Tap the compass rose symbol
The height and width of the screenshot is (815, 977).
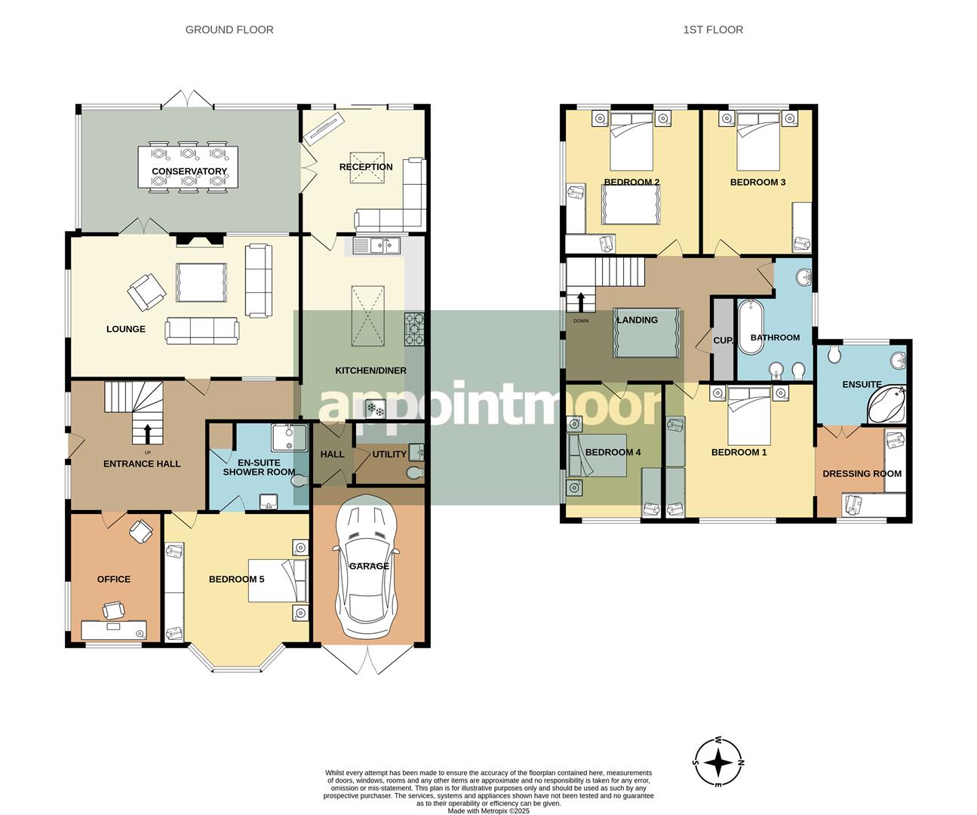pos(718,762)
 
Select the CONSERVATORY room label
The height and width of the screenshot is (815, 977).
pos(189,171)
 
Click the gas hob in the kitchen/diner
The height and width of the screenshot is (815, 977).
pos(414,329)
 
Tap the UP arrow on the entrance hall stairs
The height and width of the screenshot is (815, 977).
pos(147,434)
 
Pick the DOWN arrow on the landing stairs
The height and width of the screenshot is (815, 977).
pos(581,302)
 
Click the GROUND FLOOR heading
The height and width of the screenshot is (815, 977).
pos(229,30)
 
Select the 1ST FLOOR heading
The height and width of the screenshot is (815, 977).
pos(713,30)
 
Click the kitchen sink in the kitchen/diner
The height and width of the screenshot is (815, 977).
pos(376,246)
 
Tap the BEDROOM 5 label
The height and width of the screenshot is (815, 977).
pos(236,579)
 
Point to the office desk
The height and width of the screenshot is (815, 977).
pos(114,629)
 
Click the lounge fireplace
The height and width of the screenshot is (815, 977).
pos(199,239)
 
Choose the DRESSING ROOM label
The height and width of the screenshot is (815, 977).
pos(862,474)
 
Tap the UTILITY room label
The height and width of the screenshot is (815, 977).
pos(389,454)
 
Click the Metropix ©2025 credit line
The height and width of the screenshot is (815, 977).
pos(489,810)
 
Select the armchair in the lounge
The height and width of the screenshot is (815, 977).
pos(146,291)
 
